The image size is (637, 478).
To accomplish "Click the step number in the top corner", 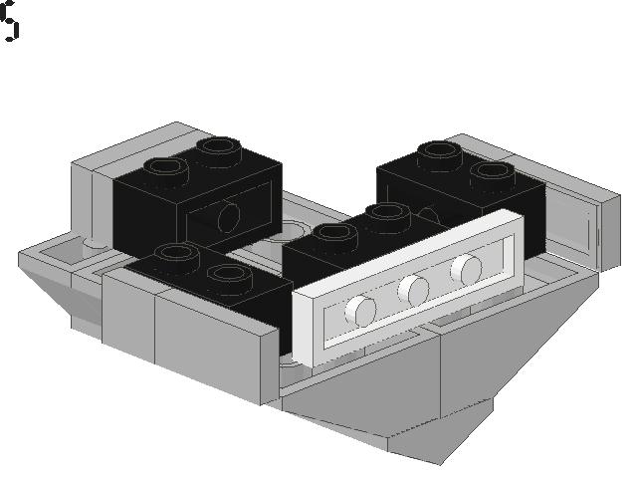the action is [x=9, y=21].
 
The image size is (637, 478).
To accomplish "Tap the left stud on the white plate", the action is [x=360, y=310].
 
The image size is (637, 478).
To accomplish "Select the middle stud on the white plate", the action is [x=413, y=290].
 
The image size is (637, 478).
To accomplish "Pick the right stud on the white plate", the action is [x=466, y=270].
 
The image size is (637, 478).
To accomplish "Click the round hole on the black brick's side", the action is [x=229, y=217].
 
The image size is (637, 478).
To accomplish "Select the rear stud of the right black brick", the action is [x=440, y=152].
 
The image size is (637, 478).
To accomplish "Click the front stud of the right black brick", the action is [x=494, y=172].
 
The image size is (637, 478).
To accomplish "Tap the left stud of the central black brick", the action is [x=335, y=235].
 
